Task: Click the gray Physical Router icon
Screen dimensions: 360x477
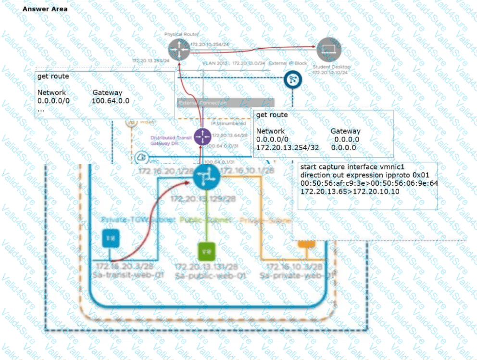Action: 179,48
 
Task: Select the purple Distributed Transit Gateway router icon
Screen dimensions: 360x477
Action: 202,138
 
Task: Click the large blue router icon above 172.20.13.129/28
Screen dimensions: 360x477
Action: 206,179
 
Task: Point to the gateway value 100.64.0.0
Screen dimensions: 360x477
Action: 110,101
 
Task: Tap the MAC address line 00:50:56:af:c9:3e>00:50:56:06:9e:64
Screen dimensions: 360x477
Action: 368,183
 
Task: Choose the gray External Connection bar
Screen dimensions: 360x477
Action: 226,103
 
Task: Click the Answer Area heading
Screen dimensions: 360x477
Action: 45,9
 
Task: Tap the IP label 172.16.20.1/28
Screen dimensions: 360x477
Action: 159,171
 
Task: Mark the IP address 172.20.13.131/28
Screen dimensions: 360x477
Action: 206,267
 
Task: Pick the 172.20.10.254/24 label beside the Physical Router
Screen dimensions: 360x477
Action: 210,44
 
